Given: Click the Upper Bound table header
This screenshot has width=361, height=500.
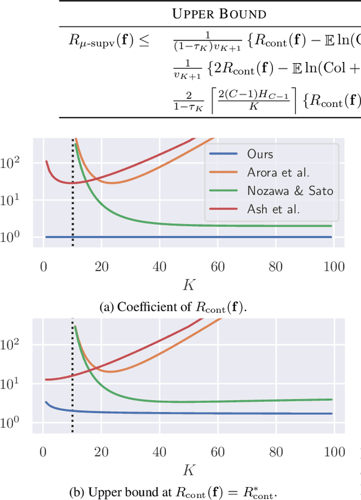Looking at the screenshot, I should pyautogui.click(x=219, y=14).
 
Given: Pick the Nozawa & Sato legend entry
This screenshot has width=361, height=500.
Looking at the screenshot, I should pyautogui.click(x=290, y=191).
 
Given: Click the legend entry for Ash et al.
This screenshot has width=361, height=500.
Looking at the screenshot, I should pyautogui.click(x=274, y=209).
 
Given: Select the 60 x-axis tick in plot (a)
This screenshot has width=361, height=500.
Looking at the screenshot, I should pyautogui.click(x=217, y=267).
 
